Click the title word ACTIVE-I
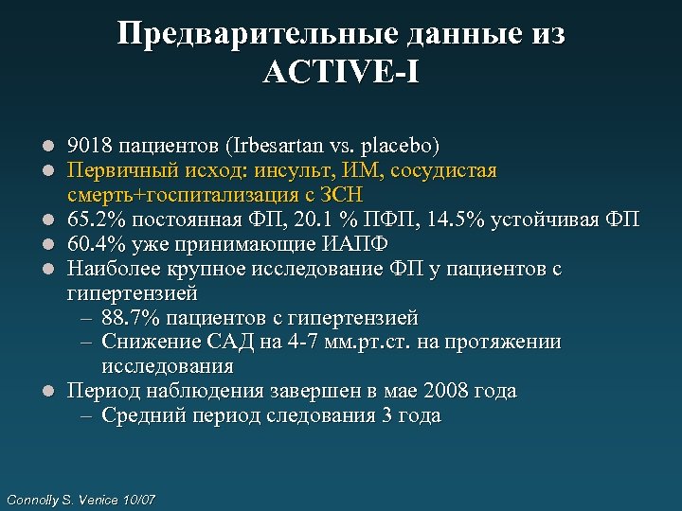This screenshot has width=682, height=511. pos(341,72)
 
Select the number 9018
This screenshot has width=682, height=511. pos(88,147)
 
